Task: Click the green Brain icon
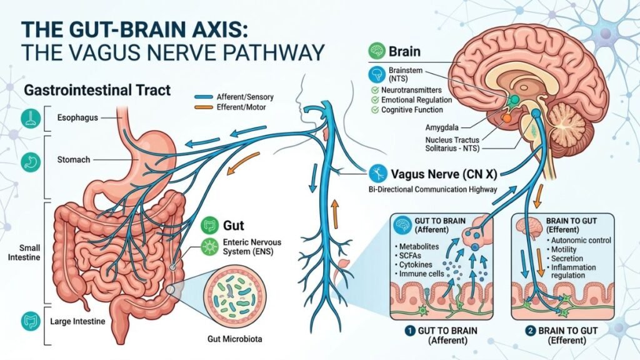click(376, 51)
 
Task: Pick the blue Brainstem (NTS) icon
click(376, 75)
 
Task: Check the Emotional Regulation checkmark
click(374, 99)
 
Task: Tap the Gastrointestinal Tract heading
click(97, 91)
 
